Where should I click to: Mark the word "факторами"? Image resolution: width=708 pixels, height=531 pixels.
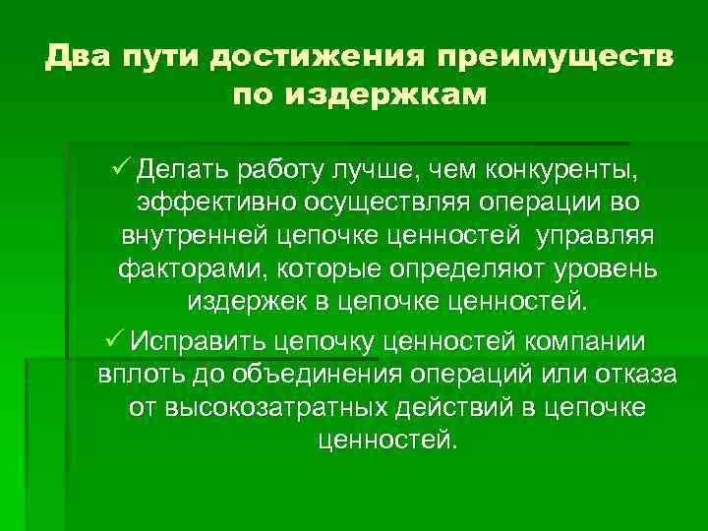click(178, 271)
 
